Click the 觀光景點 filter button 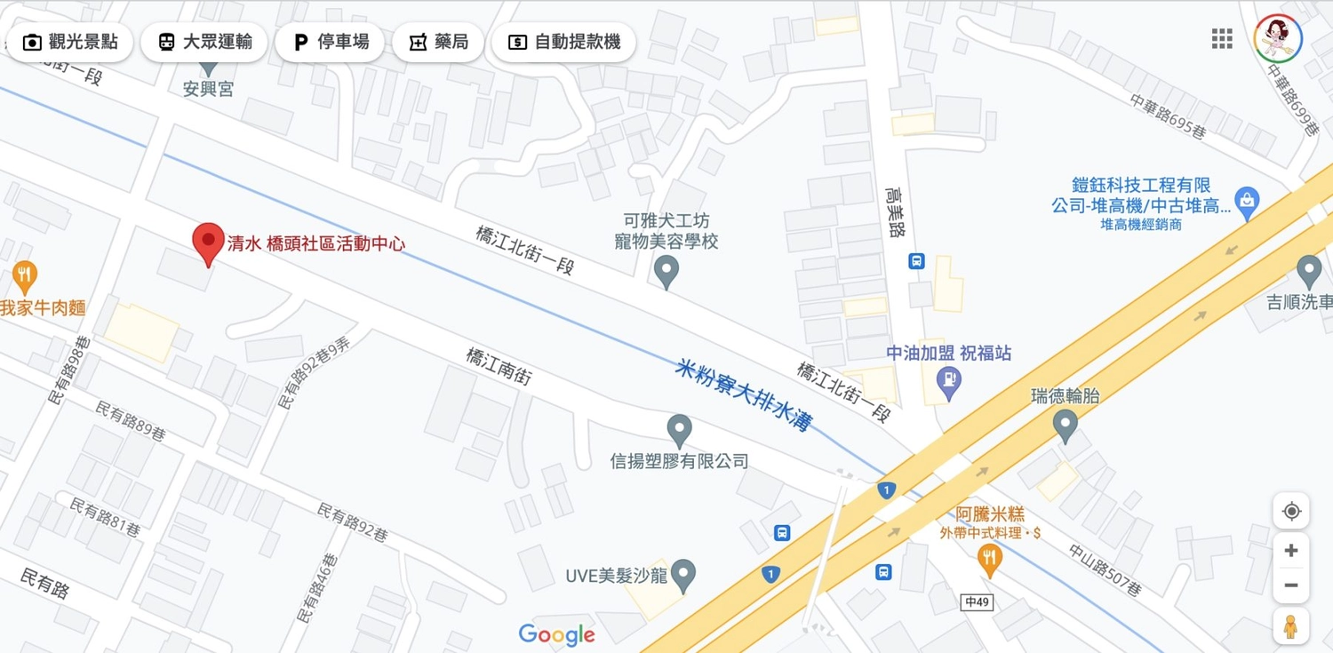[x=70, y=42]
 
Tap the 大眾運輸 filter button [x=205, y=42]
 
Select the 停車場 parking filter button [x=330, y=42]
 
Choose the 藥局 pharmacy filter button [x=438, y=42]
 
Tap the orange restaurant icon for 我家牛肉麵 [x=24, y=275]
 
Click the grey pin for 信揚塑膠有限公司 [x=680, y=431]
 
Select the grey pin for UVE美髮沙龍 [x=682, y=576]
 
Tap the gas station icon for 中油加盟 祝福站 [x=949, y=382]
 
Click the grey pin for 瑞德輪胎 [x=1065, y=425]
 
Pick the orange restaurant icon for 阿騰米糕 [x=989, y=559]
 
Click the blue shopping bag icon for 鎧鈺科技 [x=1247, y=203]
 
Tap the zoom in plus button [x=1291, y=551]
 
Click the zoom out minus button [x=1291, y=585]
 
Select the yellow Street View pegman [x=1290, y=626]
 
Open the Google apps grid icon [x=1222, y=38]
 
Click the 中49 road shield [x=977, y=602]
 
